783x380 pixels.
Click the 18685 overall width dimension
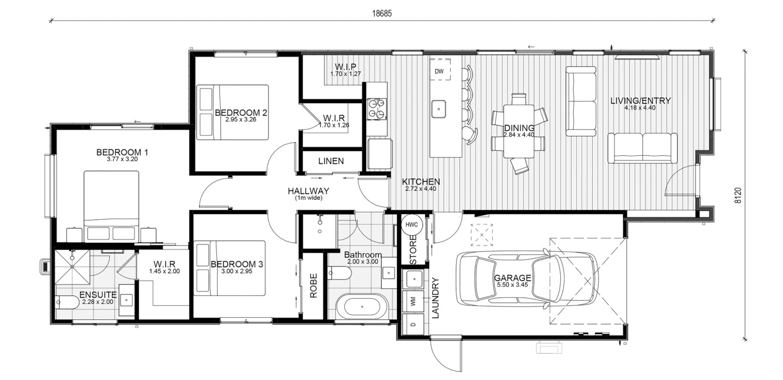tap(381, 14)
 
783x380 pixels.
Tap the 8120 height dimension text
tap(737, 196)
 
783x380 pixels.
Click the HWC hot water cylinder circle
tap(412, 224)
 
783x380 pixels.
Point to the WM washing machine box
tap(413, 301)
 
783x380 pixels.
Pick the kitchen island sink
tap(438, 109)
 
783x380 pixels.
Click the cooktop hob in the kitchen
tap(377, 109)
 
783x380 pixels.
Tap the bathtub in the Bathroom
tap(362, 307)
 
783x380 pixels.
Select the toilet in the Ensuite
tap(67, 302)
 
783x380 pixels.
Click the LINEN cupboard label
tap(331, 161)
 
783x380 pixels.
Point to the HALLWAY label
tap(308, 191)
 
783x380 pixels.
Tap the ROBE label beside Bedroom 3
tap(313, 286)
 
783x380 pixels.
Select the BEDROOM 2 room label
tap(241, 112)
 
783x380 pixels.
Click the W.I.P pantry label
tap(345, 66)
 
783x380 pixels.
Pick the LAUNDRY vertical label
tap(435, 298)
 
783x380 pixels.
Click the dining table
tap(519, 131)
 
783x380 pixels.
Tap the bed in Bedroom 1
tap(111, 206)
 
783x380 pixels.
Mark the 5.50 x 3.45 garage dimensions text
tap(512, 285)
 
